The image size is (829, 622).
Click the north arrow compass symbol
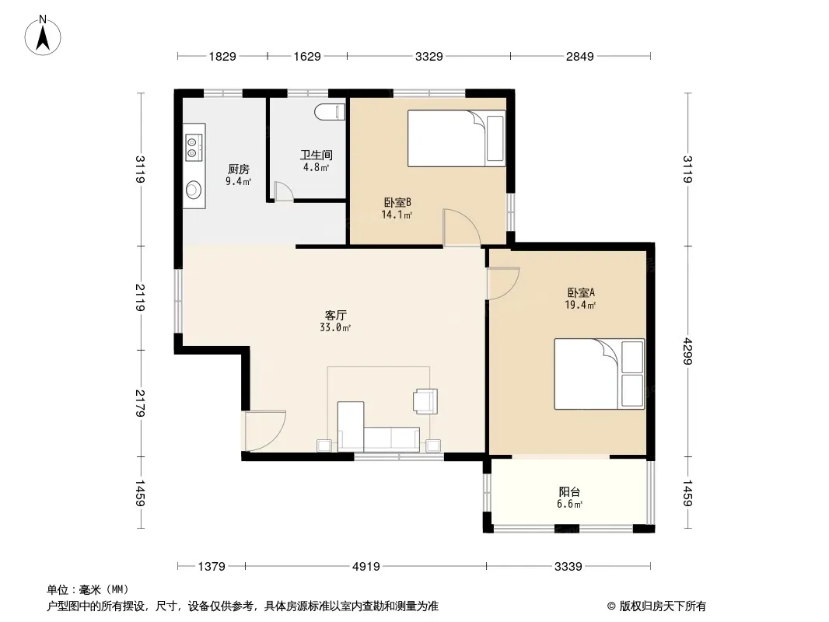43,36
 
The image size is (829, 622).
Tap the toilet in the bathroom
330,112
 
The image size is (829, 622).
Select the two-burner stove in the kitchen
194,147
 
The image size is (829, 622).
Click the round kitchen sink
194,189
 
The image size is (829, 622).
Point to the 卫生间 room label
317,155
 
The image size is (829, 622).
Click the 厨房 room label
239,169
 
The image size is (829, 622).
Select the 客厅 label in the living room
335,316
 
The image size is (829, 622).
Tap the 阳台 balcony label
569,492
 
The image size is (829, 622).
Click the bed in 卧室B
456,138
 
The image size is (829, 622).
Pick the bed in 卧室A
599,374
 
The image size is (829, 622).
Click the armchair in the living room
425,401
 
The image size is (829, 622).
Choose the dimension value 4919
366,567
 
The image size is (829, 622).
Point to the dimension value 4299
687,351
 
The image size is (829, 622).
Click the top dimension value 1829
222,56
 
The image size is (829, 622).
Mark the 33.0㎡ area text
335,327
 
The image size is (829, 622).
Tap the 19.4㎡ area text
580,305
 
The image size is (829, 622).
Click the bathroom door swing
283,190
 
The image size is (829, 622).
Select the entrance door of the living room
265,431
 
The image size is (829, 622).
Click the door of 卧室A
503,284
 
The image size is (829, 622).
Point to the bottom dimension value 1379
212,567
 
